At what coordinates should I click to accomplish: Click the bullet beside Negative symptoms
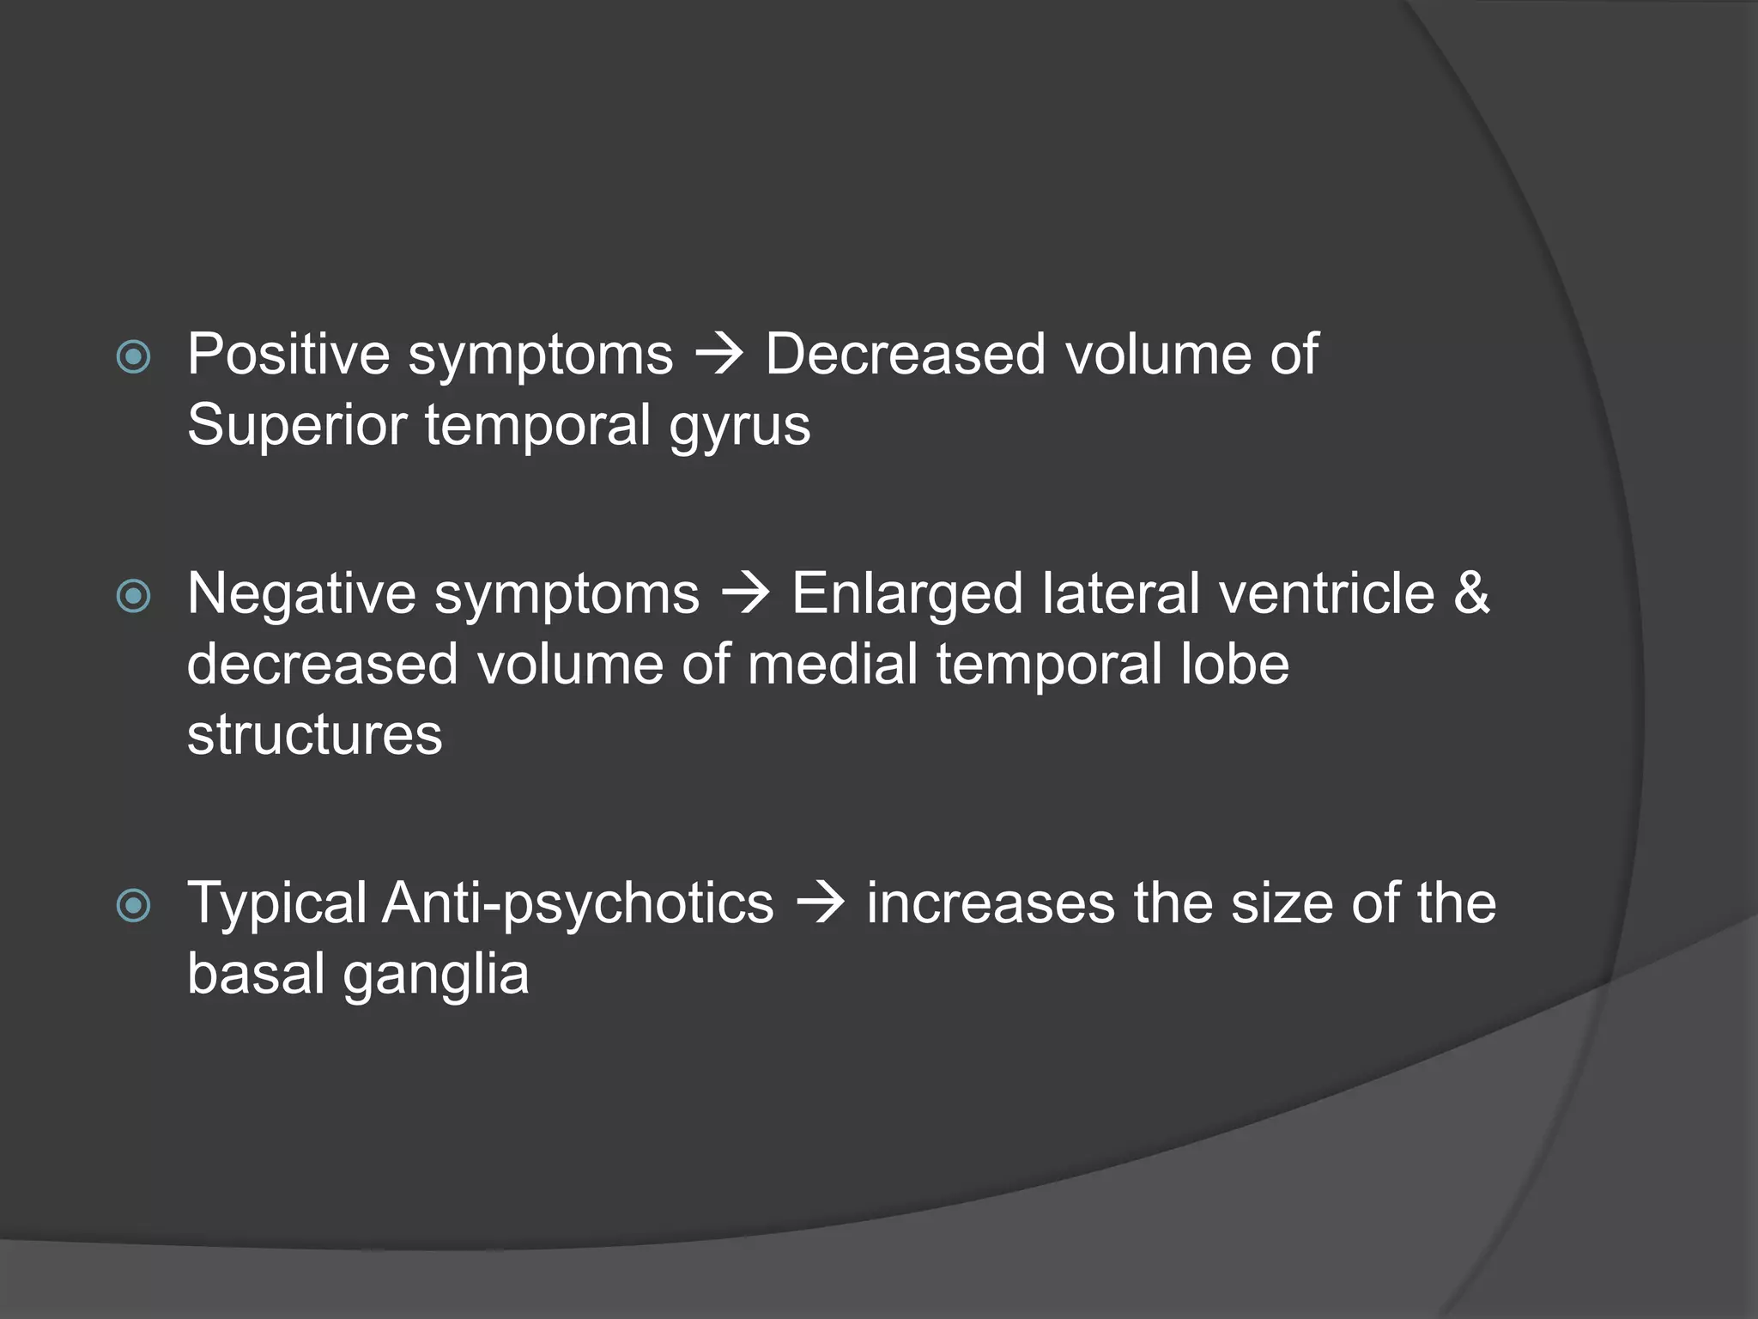pos(133,596)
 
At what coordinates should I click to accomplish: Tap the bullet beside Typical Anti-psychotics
pos(133,905)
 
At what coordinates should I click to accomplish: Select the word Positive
pos(288,354)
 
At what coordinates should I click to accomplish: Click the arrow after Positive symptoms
pos(718,356)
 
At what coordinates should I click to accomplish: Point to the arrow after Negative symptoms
pos(745,595)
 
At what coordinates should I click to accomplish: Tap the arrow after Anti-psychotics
pos(820,904)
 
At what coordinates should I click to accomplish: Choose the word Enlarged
pos(906,594)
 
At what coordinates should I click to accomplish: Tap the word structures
pos(314,735)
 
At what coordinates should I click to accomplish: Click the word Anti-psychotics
pos(578,903)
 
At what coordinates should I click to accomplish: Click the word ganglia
pos(435,975)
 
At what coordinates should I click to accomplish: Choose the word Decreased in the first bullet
pos(906,354)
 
